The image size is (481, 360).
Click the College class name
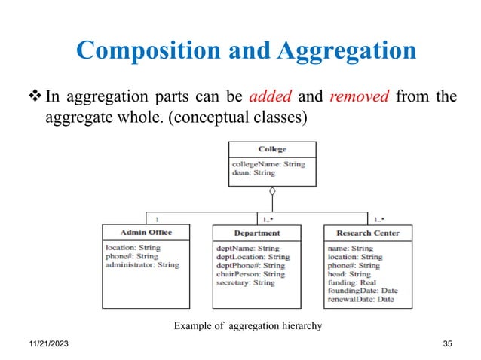[272, 149]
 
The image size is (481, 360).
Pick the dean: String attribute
[253, 172]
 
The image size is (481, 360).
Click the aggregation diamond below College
[272, 191]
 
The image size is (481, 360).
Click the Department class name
[256, 233]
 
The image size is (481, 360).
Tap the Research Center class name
[368, 233]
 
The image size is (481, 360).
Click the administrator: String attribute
[142, 265]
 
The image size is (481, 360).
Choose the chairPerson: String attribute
[250, 274]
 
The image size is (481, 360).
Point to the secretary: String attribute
[246, 282]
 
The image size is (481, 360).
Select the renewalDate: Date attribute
[361, 300]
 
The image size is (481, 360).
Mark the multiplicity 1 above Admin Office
[156, 220]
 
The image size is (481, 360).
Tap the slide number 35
[449, 343]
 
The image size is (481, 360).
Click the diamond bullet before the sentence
[35, 96]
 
